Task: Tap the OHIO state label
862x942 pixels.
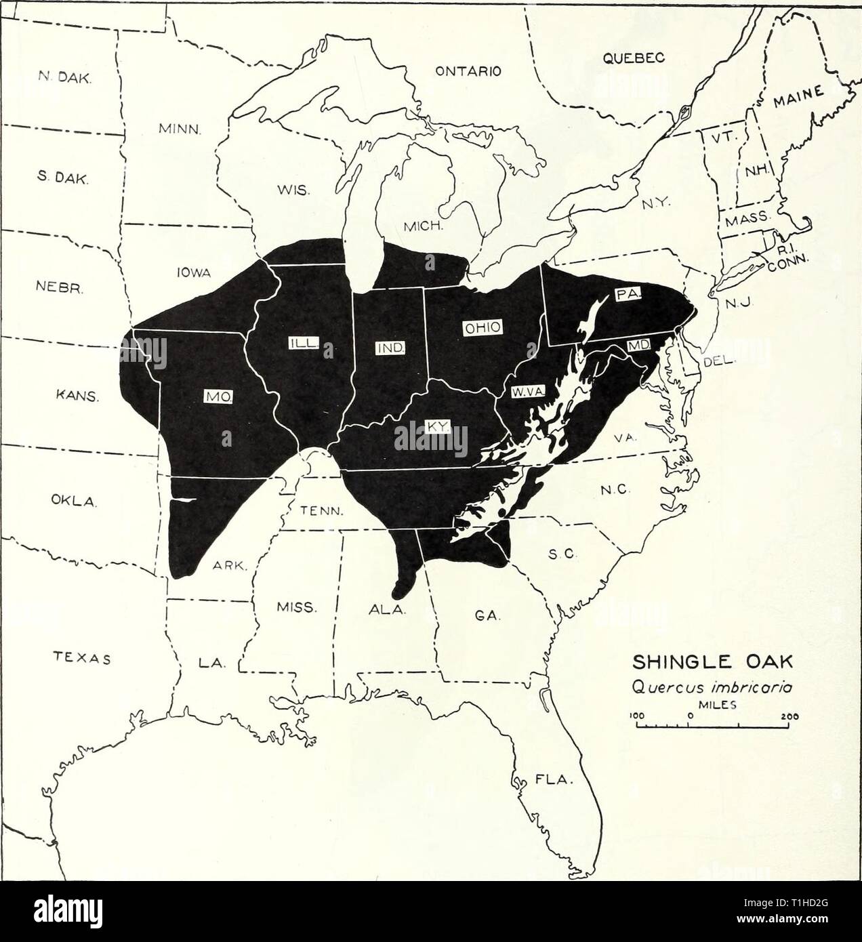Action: point(482,328)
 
